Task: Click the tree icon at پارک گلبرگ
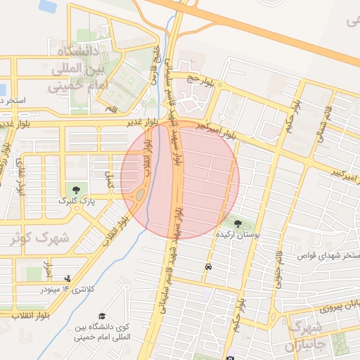76,189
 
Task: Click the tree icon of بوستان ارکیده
237,224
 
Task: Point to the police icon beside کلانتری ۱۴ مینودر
67,278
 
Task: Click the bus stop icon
208,267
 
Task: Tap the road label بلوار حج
199,79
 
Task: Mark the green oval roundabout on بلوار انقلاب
140,193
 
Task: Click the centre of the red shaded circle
180,179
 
